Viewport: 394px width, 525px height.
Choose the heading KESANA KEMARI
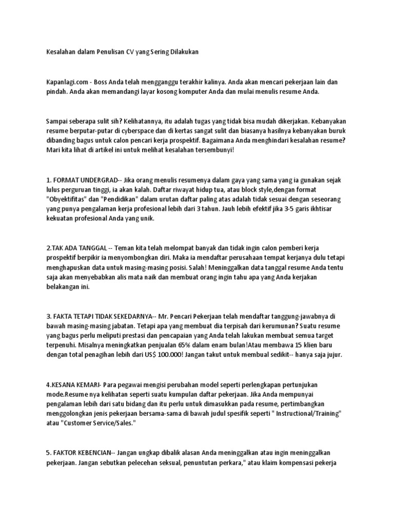(75, 385)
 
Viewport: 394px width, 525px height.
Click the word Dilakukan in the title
(180, 52)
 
